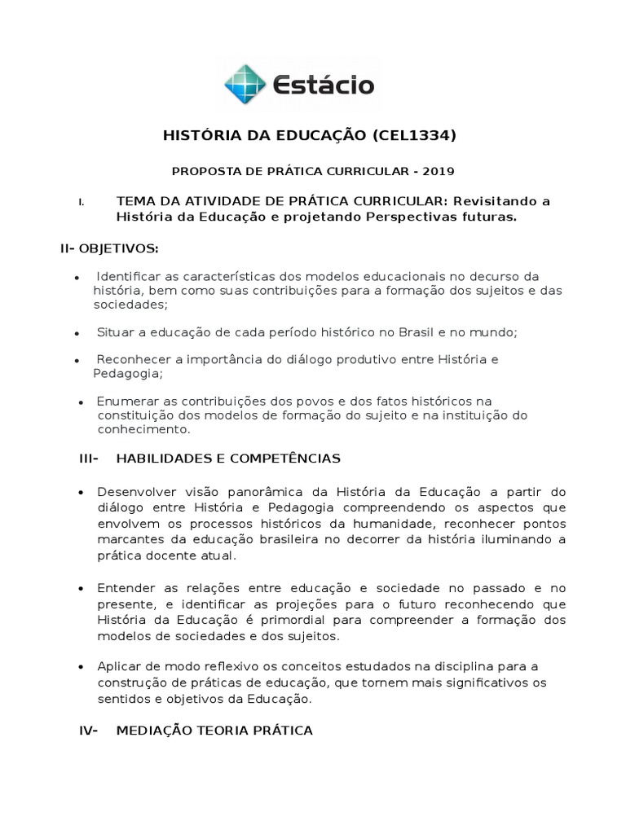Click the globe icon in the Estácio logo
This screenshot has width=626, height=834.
pos(246,85)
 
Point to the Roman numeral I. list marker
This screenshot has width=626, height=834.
pos(82,201)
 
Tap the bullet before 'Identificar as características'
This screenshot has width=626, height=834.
pos(77,278)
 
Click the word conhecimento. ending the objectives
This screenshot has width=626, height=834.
pos(143,429)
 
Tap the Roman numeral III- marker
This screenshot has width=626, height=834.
pos(89,459)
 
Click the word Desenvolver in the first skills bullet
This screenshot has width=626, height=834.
pos(132,493)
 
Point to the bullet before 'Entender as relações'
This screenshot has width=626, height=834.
pos(81,587)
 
